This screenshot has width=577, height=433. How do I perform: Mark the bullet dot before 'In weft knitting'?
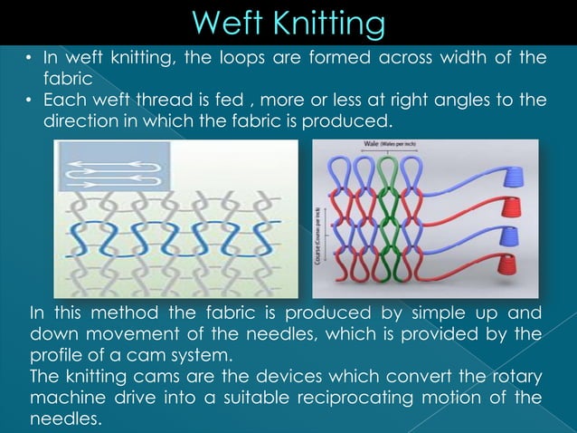point(29,59)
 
